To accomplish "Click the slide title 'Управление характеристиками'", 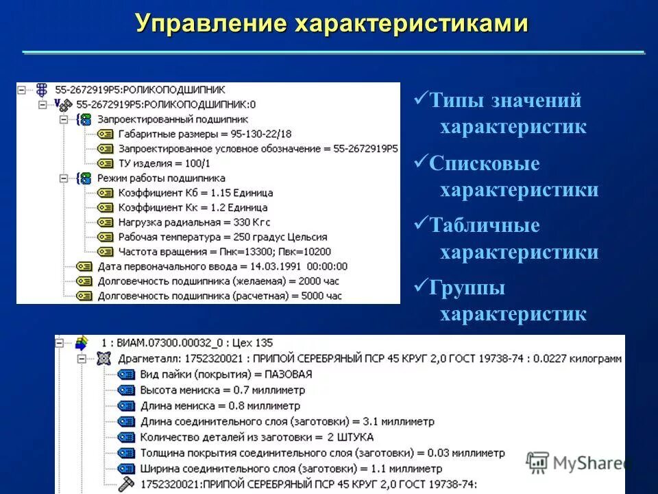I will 332,23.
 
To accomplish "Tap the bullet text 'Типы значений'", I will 505,101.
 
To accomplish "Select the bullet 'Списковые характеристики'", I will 507,177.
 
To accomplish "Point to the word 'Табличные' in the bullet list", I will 485,226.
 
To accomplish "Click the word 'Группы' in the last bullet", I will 467,288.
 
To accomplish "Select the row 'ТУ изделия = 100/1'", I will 163,163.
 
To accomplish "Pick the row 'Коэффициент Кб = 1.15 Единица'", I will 195,193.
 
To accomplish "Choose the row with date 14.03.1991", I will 222,266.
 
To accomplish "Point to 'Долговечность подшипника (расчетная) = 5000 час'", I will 219,296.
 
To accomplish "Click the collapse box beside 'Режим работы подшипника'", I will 64,178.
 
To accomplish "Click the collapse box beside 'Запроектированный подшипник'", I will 64,119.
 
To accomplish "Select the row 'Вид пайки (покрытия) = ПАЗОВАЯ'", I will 226,374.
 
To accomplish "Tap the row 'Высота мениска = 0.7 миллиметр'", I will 222,390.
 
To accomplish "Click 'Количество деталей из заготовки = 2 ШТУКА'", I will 256,437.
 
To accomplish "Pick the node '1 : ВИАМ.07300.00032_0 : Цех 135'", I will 186,342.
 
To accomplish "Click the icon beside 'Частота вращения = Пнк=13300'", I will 105,252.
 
